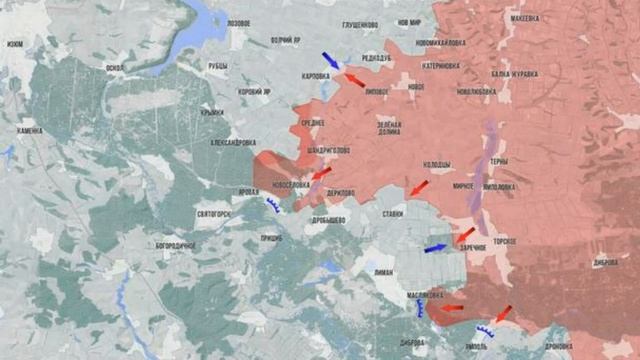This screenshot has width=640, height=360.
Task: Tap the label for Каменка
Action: [x=30, y=131]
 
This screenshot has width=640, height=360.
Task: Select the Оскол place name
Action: [x=114, y=69]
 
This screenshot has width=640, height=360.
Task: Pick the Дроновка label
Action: [x=587, y=346]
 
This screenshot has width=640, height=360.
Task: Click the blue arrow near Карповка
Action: [x=330, y=60]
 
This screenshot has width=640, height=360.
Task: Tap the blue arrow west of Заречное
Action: [x=436, y=247]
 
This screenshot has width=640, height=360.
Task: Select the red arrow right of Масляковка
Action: [x=452, y=308]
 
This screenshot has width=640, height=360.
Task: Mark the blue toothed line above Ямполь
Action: [x=487, y=331]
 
